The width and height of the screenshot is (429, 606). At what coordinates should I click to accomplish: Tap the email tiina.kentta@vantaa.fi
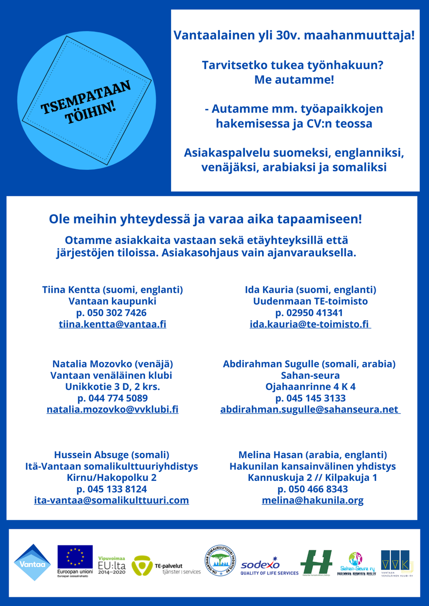coord(112,324)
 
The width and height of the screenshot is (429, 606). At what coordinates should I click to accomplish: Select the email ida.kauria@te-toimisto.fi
coord(310,324)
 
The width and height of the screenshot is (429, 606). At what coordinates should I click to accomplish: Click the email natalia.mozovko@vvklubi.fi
coord(112,409)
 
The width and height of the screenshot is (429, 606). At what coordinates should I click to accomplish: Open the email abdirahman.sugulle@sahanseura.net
coord(310,409)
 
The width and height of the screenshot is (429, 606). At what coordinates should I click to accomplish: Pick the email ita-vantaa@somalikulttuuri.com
coord(111,500)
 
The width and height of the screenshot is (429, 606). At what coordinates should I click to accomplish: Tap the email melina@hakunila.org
coord(312,500)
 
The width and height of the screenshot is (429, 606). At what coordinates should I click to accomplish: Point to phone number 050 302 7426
coord(111,313)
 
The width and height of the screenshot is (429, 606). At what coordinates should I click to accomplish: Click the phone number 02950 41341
coord(309,313)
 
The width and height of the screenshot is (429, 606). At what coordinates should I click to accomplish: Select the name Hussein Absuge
coord(111,454)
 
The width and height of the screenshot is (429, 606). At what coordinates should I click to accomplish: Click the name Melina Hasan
coord(312,454)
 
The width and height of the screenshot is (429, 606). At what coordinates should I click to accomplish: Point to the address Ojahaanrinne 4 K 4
coord(310,386)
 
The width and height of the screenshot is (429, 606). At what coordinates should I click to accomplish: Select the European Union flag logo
coord(75,557)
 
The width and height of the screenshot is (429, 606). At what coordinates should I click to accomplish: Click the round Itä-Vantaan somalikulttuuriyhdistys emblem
coord(220,561)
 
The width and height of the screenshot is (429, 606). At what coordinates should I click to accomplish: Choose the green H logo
coord(316,561)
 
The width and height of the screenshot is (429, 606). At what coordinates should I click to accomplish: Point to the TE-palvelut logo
coord(166,565)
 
